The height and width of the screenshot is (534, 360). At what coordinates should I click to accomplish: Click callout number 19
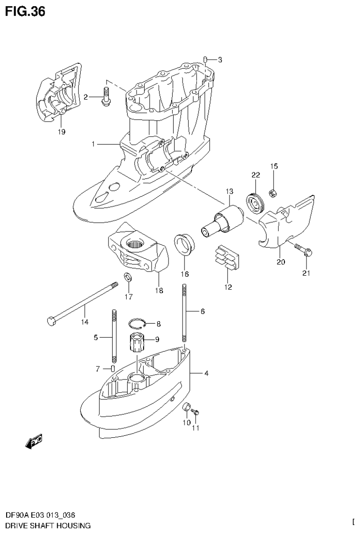point(61,132)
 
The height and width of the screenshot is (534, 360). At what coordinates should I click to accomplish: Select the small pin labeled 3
point(206,59)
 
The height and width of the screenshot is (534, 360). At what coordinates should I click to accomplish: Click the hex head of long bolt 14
point(51,322)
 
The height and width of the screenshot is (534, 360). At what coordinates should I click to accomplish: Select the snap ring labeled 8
point(138,324)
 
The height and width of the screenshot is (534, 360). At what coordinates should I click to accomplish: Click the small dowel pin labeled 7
point(113,368)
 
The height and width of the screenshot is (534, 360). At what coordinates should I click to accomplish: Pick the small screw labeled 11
point(197,412)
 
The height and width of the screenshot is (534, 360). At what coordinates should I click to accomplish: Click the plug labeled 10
point(186,407)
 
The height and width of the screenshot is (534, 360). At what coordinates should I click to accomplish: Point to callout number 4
point(206,374)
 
